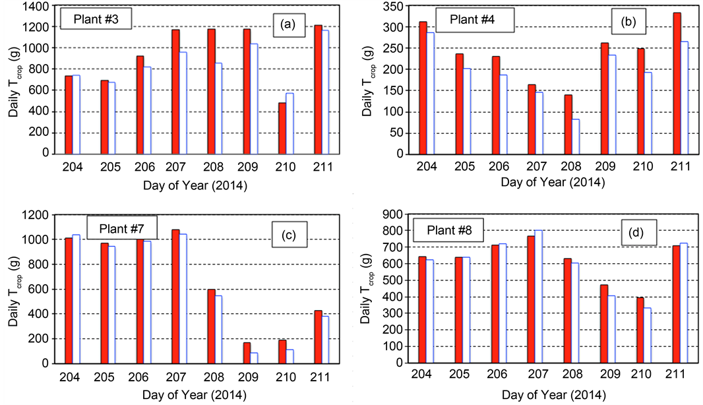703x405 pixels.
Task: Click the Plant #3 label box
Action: pyautogui.click(x=96, y=18)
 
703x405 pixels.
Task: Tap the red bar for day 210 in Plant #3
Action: pyautogui.click(x=282, y=128)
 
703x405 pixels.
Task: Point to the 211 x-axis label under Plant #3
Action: pyautogui.click(x=321, y=167)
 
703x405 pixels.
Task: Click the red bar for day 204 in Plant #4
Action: pyautogui.click(x=423, y=88)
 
